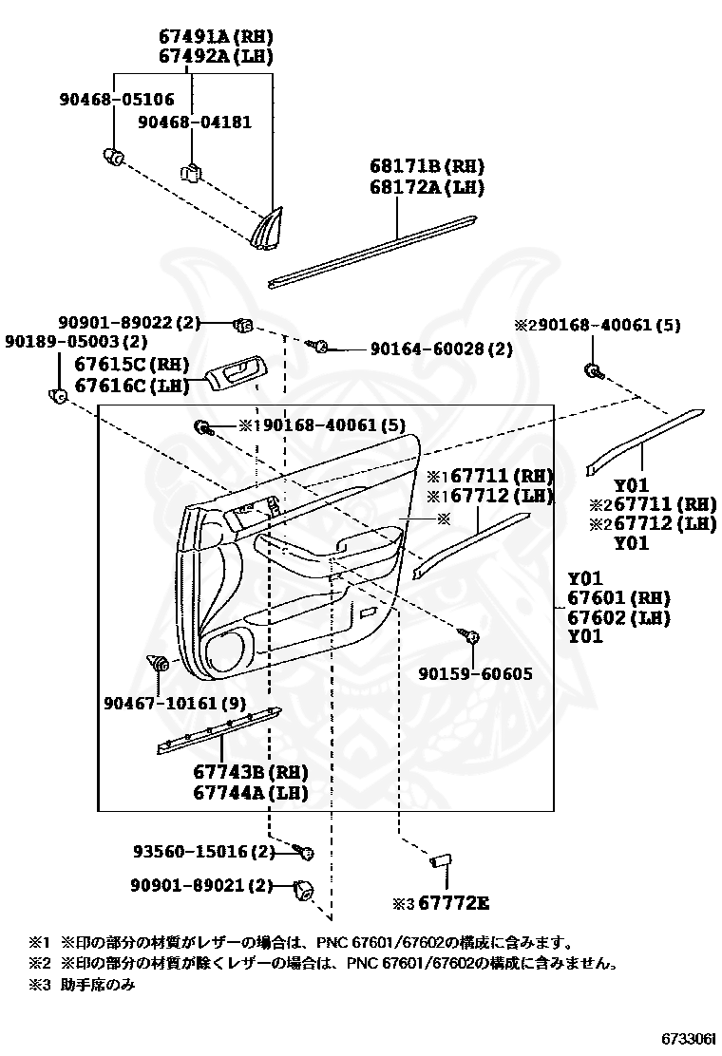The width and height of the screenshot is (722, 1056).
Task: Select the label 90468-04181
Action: pos(195,123)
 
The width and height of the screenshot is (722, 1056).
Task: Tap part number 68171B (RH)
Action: pos(427,168)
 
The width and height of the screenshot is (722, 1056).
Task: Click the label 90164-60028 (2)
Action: pos(441,349)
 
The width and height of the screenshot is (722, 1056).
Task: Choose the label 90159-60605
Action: pos(475,674)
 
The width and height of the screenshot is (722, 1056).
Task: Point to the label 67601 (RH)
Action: pos(618,598)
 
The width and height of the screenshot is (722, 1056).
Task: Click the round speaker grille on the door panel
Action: pos(224,651)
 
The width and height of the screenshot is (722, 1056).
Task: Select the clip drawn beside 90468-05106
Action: pos(114,157)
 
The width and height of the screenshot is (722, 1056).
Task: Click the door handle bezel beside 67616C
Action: pos(234,373)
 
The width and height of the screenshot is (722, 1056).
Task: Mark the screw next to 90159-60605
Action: pos(467,634)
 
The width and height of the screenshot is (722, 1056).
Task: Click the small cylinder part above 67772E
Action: pos(440,860)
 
